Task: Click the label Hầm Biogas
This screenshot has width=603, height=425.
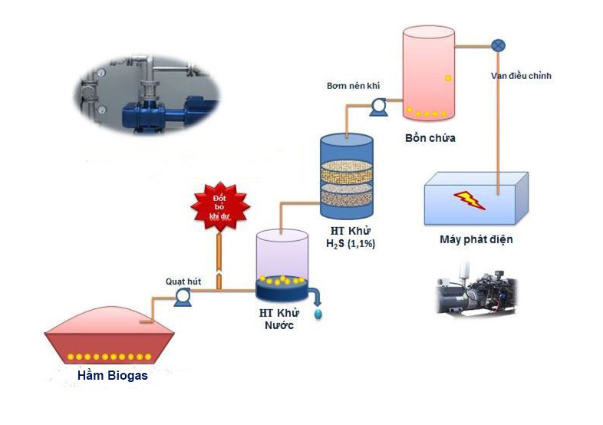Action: coord(112,376)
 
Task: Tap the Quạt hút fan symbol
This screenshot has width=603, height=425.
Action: coord(183,297)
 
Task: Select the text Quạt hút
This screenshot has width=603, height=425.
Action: coord(183,282)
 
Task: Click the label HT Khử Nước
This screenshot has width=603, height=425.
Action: coord(278,318)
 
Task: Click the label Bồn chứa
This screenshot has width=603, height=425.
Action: coord(430,138)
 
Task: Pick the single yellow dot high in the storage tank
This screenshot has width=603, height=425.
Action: coord(448,78)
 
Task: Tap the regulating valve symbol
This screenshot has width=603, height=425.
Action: coord(498,44)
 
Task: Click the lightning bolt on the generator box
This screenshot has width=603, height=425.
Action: coord(468,199)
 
